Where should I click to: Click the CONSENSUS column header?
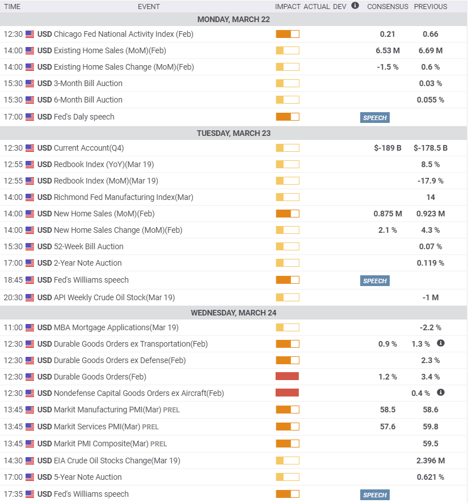pyautogui.click(x=387, y=7)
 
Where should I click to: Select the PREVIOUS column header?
pyautogui.click(x=431, y=7)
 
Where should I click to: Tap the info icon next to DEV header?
pyautogui.click(x=355, y=6)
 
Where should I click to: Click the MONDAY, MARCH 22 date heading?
pyautogui.click(x=234, y=19)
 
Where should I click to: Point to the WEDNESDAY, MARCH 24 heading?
pyautogui.click(x=234, y=313)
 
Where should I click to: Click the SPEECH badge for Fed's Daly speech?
pyautogui.click(x=374, y=118)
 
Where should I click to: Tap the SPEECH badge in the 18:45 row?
pyautogui.click(x=374, y=281)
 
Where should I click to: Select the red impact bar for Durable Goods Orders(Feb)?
pyautogui.click(x=287, y=377)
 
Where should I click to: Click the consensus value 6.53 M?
pyautogui.click(x=387, y=50)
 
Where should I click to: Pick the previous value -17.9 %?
pyautogui.click(x=431, y=181)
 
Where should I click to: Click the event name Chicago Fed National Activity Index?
pyautogui.click(x=123, y=34)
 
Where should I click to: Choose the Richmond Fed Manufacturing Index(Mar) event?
pyautogui.click(x=123, y=197)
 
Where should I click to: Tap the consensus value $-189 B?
pyautogui.click(x=387, y=148)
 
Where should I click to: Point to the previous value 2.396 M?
pyautogui.click(x=431, y=461)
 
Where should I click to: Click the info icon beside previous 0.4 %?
pyautogui.click(x=441, y=393)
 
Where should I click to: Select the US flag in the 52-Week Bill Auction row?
pyautogui.click(x=29, y=246)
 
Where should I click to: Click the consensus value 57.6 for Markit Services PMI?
pyautogui.click(x=387, y=427)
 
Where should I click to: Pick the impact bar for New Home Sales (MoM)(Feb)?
pyautogui.click(x=287, y=214)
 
